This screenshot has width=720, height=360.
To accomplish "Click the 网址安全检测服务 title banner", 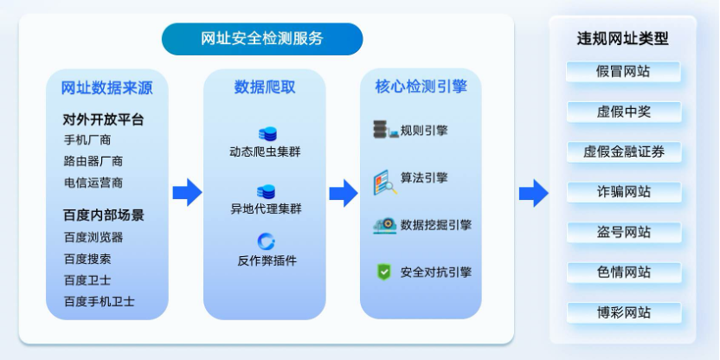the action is click(x=262, y=39).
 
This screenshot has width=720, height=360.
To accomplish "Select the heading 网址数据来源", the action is click(x=107, y=87).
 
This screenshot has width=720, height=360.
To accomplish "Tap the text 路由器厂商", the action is click(x=93, y=161).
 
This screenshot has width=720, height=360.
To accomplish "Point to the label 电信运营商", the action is click(x=93, y=183).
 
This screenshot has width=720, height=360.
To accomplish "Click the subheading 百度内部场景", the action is click(x=103, y=215).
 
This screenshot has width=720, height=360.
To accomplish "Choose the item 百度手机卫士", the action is click(x=100, y=302).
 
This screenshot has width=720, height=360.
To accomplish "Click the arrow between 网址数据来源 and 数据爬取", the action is click(x=187, y=192).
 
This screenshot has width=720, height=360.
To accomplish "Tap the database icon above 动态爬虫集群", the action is click(x=267, y=134).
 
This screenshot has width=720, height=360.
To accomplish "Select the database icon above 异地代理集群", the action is click(x=266, y=192).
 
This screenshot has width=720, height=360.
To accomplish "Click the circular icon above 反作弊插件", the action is click(x=266, y=241).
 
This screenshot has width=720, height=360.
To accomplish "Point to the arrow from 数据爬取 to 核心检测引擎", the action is click(x=344, y=193).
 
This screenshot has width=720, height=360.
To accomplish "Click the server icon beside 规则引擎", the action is click(x=385, y=130).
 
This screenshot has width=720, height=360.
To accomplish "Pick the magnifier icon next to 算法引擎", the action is click(x=385, y=183).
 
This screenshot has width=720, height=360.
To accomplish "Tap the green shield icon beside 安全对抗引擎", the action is click(x=383, y=272).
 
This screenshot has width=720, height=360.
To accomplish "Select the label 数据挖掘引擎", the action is click(x=436, y=225).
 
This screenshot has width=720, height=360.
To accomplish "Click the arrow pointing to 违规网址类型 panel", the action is click(x=534, y=193).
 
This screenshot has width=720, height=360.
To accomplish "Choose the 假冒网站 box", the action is click(x=623, y=72).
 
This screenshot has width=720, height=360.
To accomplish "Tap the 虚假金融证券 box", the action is click(x=624, y=152).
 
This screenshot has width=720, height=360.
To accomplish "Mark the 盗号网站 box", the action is click(x=624, y=232).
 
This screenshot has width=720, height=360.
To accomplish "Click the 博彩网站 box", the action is click(x=624, y=312).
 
